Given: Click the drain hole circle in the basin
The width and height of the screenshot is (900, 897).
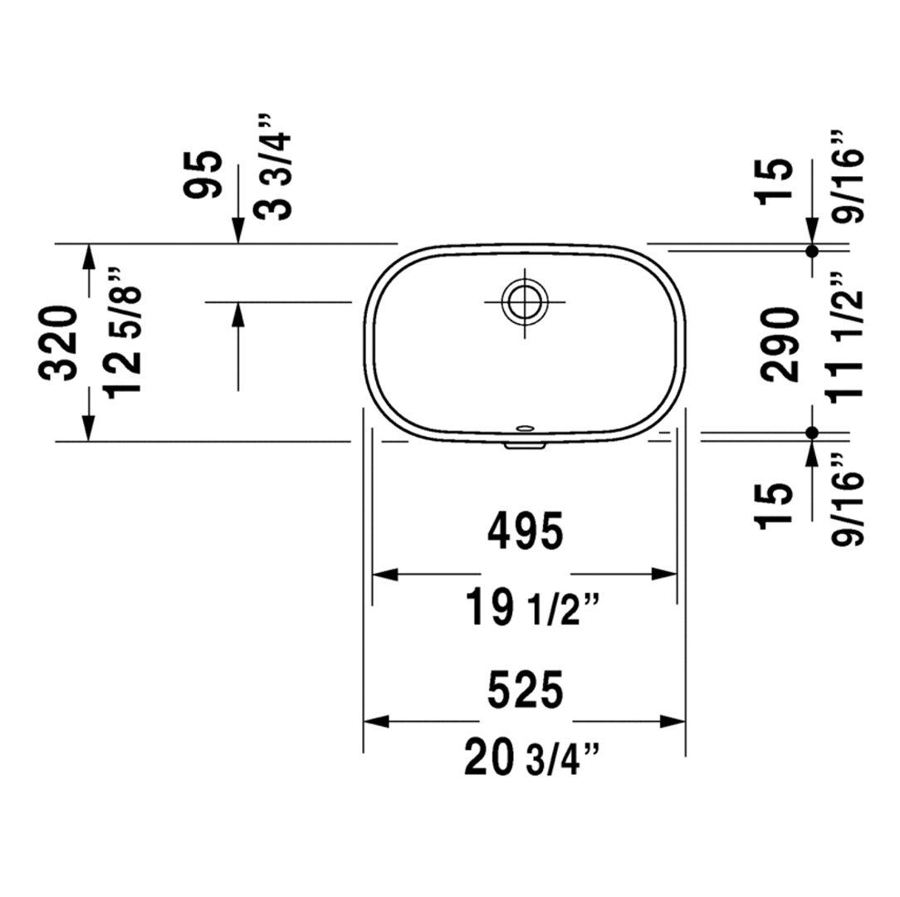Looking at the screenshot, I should coord(525,301).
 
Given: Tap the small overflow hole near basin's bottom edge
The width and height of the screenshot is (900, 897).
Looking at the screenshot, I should coord(525,429).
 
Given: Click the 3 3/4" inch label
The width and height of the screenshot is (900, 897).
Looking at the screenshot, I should coord(275,166).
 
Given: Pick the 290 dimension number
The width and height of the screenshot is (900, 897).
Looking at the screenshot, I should coord(780,343).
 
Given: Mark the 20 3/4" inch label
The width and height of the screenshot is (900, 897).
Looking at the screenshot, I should coord(525,760).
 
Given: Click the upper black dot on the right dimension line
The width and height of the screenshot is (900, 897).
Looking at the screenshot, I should coord(812,250).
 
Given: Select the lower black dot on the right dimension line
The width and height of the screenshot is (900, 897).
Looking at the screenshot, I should coord(812,432).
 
